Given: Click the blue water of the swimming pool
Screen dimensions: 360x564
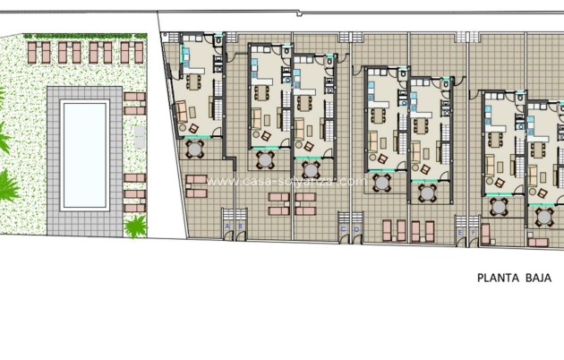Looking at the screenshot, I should click(85, 153).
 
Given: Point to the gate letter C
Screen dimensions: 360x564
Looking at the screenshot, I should click(344, 229).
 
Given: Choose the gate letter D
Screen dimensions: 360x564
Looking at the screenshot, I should click(356, 229).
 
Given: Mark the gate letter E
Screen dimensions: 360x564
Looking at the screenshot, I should click(461, 233).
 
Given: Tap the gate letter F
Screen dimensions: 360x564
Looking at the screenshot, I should click(474, 233).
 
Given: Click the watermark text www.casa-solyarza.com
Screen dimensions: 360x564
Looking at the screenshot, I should click(286, 182).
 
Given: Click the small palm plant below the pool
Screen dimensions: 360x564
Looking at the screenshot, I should click(136, 226).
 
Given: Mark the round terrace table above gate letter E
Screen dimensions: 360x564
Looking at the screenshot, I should click(498, 207).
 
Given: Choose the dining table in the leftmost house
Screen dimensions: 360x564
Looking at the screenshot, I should click(192, 82).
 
